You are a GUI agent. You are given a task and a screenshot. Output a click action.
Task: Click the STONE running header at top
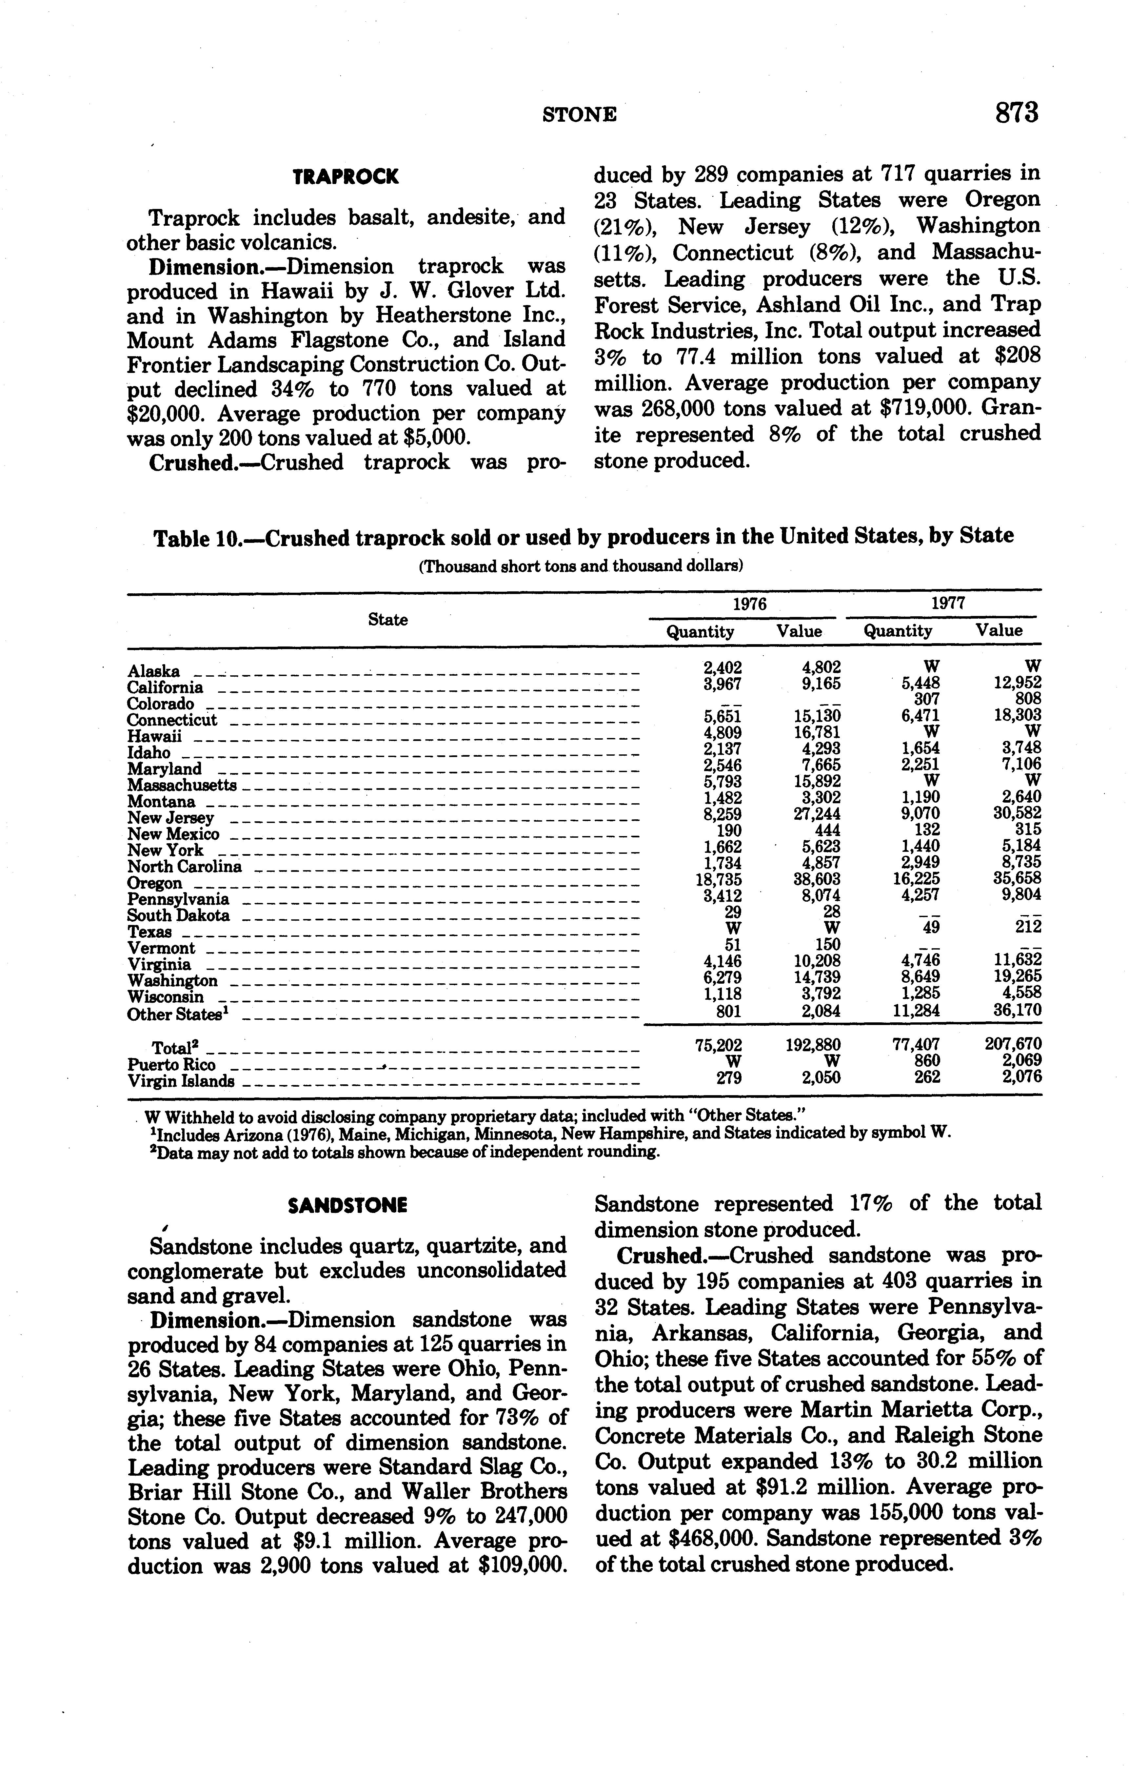pos(579,115)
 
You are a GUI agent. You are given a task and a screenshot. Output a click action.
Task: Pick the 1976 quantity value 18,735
pos(721,879)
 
